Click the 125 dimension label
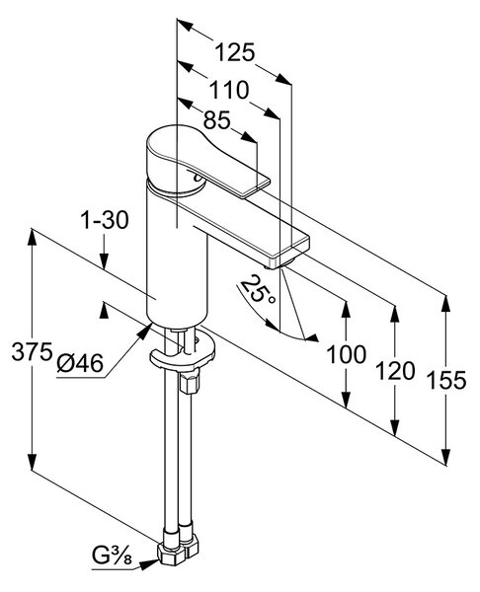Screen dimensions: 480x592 235,52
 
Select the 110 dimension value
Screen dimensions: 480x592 229,90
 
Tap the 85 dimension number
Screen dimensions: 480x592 216,120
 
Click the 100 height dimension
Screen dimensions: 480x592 347,354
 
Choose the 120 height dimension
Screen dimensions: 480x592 395,371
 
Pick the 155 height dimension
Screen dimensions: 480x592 446,380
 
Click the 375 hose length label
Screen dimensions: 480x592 32,351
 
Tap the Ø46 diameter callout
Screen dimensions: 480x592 80,363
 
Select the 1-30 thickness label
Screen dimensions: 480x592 105,220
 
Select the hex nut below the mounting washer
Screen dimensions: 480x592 189,383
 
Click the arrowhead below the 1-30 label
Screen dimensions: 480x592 105,260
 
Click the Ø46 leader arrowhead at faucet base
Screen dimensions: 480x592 144,331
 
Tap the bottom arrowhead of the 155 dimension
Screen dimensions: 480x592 446,456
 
